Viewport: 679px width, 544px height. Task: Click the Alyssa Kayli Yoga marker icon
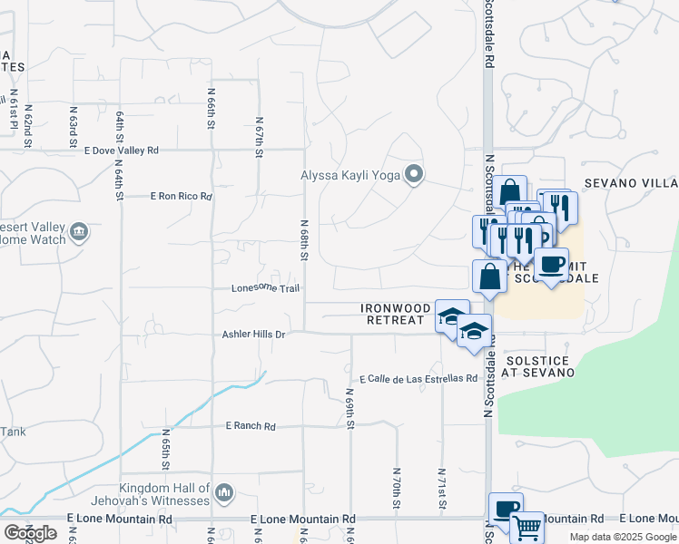coord(414,173)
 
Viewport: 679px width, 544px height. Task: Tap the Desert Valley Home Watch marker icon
coord(79,233)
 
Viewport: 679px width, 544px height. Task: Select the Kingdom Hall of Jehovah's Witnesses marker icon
coord(224,493)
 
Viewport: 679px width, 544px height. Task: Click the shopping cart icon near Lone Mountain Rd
coord(526,528)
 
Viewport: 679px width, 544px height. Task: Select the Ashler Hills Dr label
coord(254,335)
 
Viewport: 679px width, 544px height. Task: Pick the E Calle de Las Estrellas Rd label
coord(418,378)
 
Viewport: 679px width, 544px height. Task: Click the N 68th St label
coord(305,238)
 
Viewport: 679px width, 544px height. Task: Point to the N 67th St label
coord(259,137)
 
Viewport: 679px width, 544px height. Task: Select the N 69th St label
coord(349,409)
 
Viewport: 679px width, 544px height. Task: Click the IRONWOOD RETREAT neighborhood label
coord(396,315)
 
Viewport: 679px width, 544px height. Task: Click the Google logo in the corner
coord(30,533)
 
